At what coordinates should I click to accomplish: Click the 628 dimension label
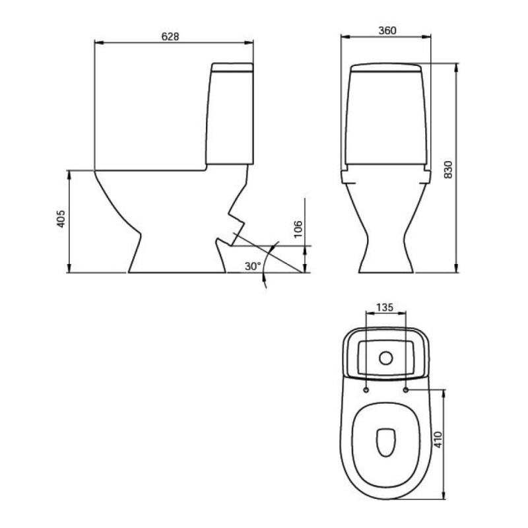(170, 36)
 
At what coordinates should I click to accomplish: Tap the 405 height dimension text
(61, 219)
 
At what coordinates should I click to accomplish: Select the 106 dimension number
(298, 229)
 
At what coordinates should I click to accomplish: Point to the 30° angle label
(253, 267)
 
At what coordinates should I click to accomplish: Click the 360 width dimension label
(387, 30)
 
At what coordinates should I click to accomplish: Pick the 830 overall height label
(448, 170)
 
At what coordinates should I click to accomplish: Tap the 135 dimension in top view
(385, 308)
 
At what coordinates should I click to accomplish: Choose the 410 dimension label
(438, 440)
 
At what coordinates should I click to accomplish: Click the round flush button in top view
(386, 358)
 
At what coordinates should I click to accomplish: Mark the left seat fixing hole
(366, 390)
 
